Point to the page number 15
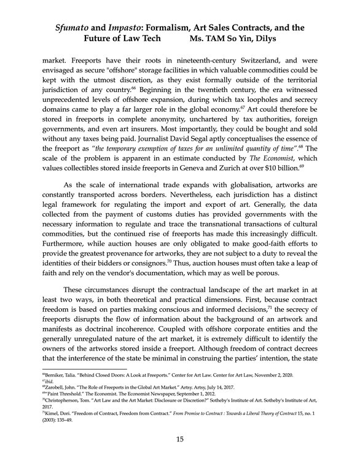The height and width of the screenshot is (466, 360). coord(180,438)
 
